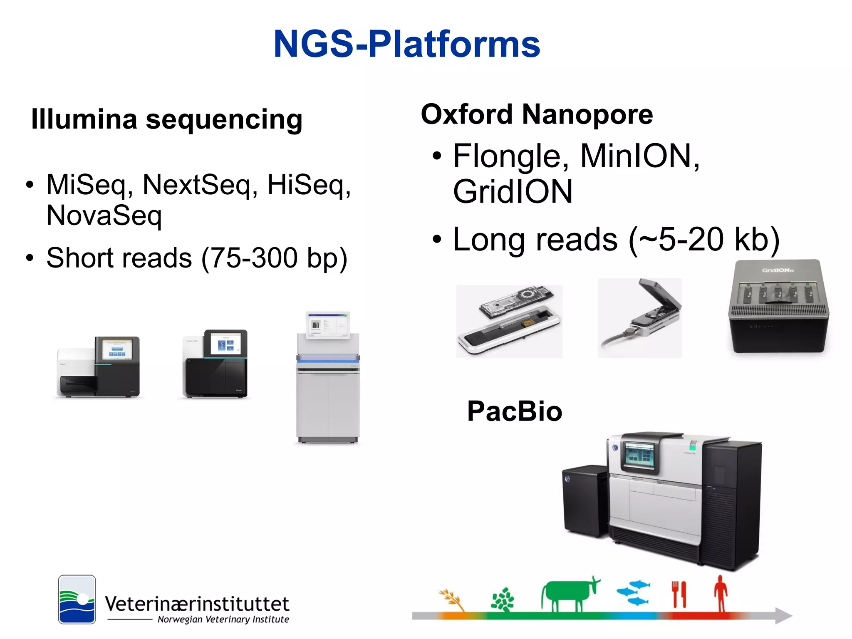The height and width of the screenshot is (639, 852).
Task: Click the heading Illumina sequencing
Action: click(166, 120)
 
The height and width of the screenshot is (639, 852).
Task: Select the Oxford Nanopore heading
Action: click(537, 114)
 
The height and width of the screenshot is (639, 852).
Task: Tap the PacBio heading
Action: click(515, 411)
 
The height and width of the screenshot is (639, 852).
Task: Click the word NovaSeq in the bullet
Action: click(104, 215)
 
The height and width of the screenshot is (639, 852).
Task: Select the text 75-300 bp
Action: click(274, 258)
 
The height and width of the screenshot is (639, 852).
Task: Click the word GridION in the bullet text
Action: click(513, 192)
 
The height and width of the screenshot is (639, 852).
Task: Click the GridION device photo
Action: click(778, 307)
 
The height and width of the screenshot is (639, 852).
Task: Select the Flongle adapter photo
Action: click(509, 321)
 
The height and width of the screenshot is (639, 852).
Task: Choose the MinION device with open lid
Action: click(640, 318)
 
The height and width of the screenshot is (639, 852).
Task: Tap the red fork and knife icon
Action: click(679, 594)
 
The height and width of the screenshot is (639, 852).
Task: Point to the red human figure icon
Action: click(721, 593)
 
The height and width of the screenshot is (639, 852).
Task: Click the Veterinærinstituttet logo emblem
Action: click(77, 599)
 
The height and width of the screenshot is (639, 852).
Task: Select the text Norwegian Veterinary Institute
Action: click(223, 619)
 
